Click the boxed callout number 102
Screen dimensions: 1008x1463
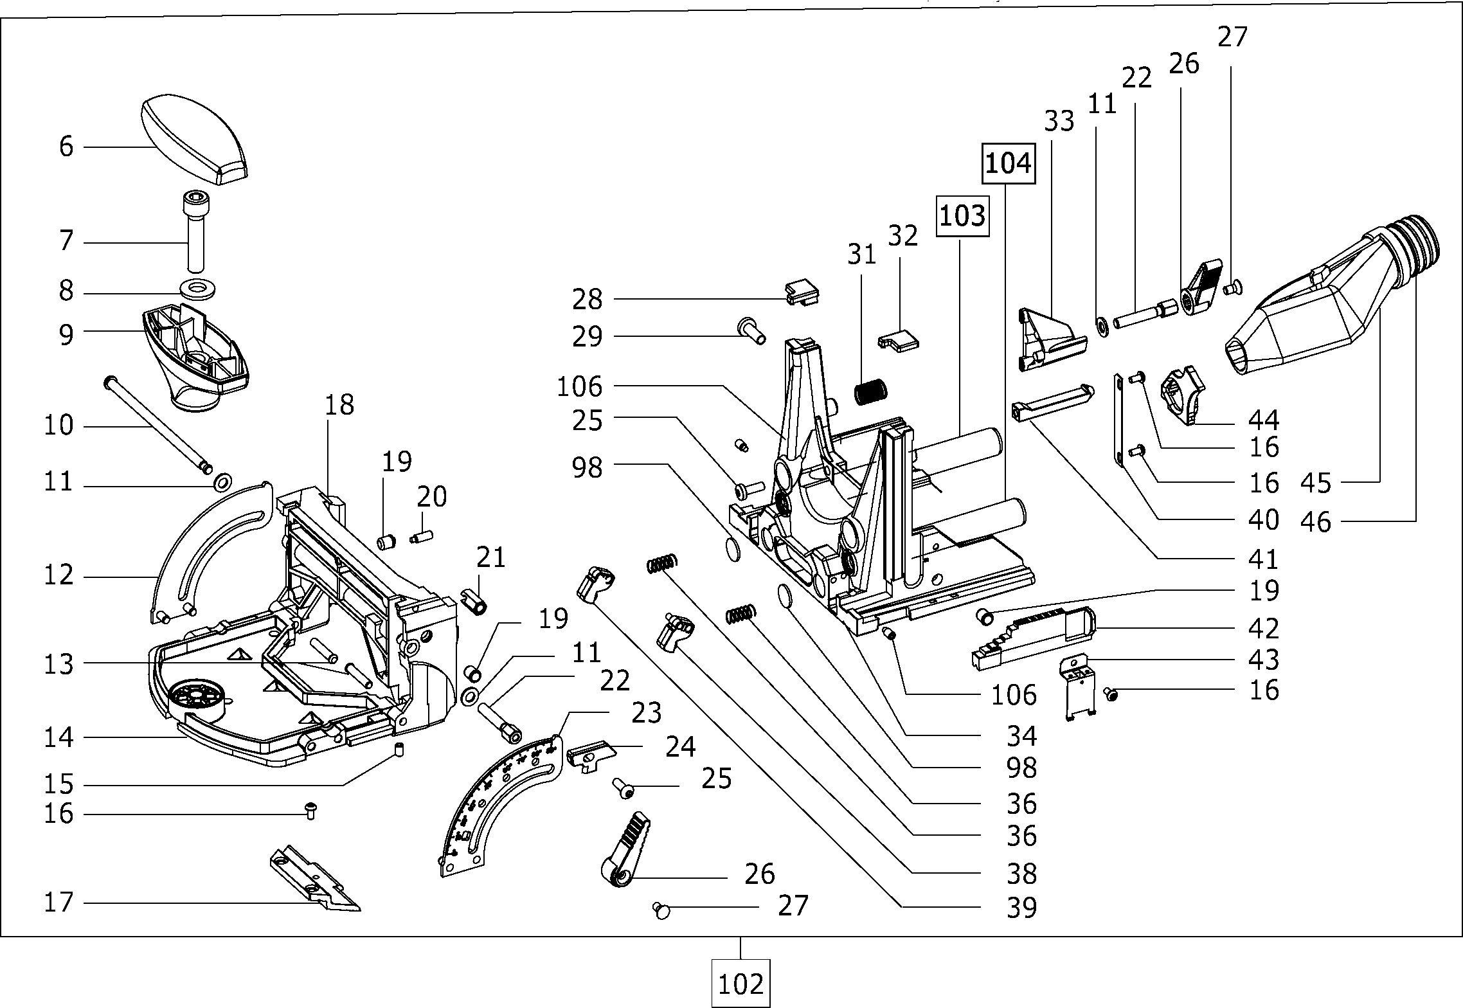[740, 984]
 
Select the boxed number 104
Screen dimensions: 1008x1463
[1007, 164]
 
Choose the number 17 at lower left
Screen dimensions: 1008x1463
[59, 903]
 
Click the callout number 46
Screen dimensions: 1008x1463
[1315, 521]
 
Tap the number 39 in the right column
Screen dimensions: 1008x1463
[1021, 908]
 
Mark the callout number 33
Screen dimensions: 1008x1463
[1059, 120]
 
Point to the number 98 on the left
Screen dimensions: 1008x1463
[588, 467]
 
